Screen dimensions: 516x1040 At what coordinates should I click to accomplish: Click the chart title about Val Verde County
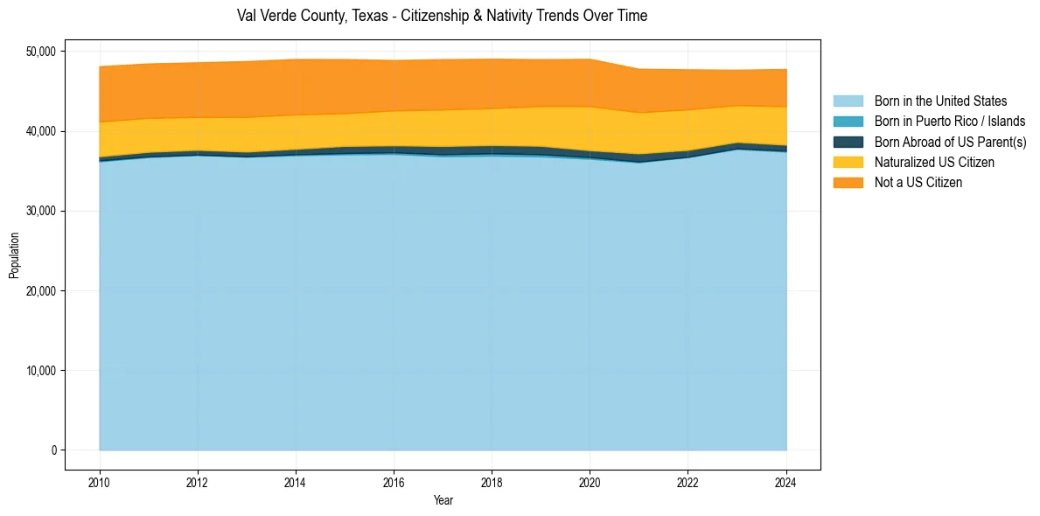point(442,16)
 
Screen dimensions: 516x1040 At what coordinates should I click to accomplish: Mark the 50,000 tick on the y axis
point(39,52)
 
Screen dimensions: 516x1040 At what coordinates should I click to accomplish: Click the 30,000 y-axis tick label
point(39,211)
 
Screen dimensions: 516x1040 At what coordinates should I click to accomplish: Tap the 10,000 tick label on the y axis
point(39,371)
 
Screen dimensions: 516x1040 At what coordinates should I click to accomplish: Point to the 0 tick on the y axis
point(53,450)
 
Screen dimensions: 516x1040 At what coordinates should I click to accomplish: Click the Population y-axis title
point(14,255)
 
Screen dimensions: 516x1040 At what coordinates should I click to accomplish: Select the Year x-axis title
point(443,500)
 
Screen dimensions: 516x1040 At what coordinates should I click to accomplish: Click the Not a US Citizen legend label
point(918,182)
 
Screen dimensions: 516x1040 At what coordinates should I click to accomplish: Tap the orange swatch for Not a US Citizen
point(848,182)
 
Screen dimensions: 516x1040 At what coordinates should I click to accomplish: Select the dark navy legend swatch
point(848,142)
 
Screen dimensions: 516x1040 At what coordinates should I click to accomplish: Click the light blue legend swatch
point(848,101)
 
